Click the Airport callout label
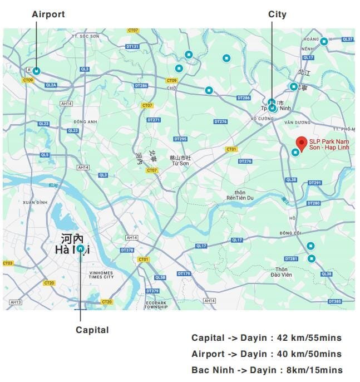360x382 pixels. pos(48,14)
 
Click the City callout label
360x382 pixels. pos(277,14)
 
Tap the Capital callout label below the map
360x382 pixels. pos(92,330)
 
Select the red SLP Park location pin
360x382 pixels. pos(301,143)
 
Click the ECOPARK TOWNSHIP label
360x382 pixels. pos(156,305)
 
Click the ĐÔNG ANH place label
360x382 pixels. pos(85,121)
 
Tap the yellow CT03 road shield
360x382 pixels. pos(8,263)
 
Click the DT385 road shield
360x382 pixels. pos(335,301)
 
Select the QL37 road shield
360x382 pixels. pos(348,40)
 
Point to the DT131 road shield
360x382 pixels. pos(132,46)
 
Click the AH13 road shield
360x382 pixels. pos(16,302)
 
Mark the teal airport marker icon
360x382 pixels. pos(36,71)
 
